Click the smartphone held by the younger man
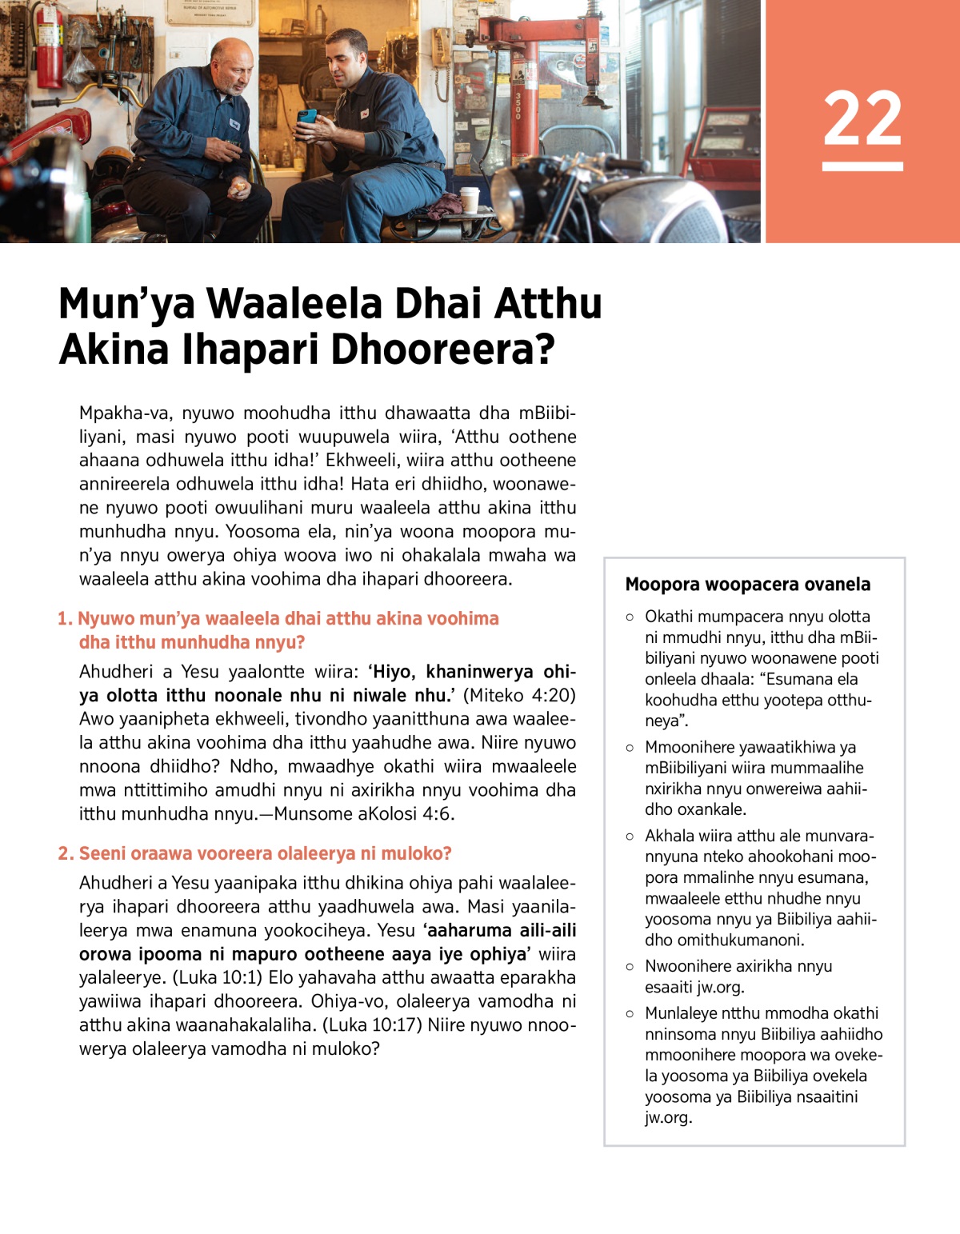pyautogui.click(x=306, y=118)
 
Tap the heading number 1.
pyautogui.click(x=64, y=618)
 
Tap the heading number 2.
pyautogui.click(x=65, y=853)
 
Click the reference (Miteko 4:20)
pyautogui.click(x=519, y=695)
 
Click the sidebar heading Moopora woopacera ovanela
pyautogui.click(x=747, y=585)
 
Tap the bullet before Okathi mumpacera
pyautogui.click(x=630, y=617)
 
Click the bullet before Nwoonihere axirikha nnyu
pyautogui.click(x=630, y=966)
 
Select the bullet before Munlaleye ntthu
pyautogui.click(x=630, y=1013)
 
